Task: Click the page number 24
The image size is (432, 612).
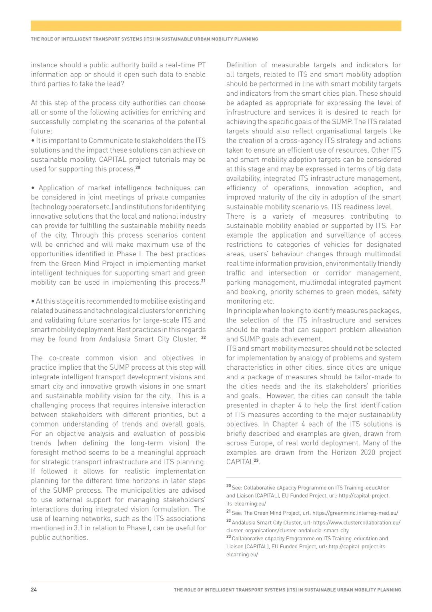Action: click(34, 590)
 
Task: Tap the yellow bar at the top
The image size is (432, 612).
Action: click(216, 26)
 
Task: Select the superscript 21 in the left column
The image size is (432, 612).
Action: click(203, 281)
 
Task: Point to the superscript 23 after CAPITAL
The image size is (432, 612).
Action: click(256, 460)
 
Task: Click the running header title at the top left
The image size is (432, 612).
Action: click(144, 39)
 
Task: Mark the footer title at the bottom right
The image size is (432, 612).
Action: click(287, 590)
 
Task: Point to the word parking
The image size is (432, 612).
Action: click(238, 282)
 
